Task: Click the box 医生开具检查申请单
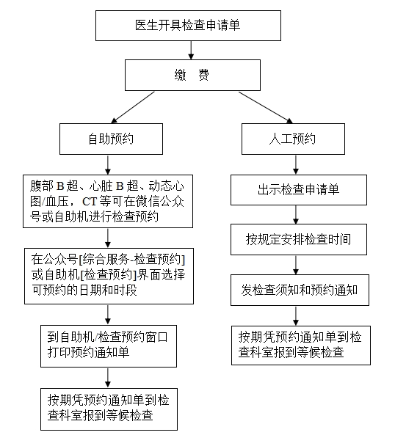188,26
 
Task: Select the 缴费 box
192,75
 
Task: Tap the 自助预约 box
111,139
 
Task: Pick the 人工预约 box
293,139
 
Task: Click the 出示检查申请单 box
299,190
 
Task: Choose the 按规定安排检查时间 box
299,239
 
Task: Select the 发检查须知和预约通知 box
300,290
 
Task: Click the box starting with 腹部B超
108,201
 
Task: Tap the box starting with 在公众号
109,276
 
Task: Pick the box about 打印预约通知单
109,346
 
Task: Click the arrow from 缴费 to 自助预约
133,107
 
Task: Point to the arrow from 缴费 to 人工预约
266,107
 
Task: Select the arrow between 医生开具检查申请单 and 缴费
191,50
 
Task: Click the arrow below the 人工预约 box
296,164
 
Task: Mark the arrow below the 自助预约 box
108,165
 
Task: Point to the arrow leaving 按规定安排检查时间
296,265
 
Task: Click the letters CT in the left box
90,202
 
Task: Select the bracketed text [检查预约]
109,275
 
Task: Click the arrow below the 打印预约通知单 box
108,378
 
